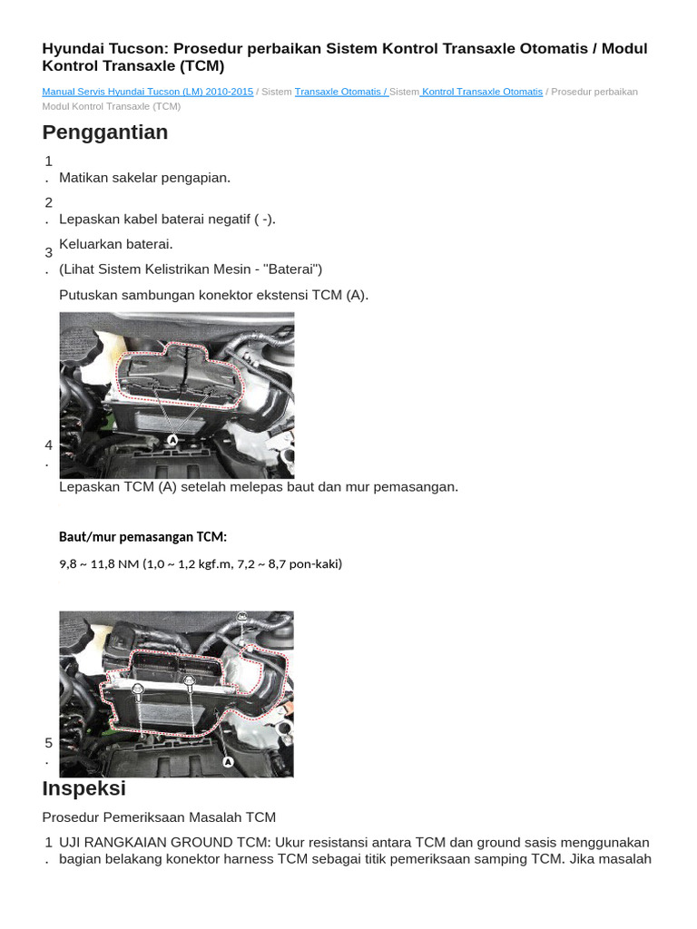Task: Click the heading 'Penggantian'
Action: point(104,132)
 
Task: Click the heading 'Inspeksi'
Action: point(83,788)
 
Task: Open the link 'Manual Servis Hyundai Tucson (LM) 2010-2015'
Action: point(147,92)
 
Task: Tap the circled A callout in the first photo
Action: point(172,439)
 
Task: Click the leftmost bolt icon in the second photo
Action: point(138,690)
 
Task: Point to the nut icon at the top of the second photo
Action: point(241,617)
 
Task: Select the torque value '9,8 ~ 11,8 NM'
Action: point(99,563)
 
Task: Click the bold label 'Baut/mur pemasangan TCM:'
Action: point(142,536)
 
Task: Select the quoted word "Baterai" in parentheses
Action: point(290,269)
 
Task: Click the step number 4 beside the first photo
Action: point(48,445)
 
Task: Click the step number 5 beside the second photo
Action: point(48,743)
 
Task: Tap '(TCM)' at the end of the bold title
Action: point(201,66)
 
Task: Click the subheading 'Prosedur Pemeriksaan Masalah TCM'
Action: point(159,817)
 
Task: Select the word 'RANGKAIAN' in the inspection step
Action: point(134,843)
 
